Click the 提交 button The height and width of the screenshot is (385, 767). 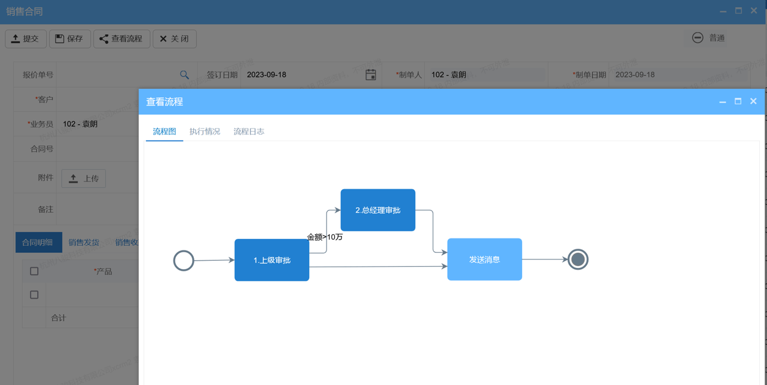point(26,39)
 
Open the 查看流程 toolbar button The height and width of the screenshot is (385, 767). point(121,39)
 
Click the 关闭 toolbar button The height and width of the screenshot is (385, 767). point(174,39)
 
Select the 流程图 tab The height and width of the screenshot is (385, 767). point(164,132)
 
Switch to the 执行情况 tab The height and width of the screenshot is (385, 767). point(205,132)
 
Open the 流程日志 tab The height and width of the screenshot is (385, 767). point(248,132)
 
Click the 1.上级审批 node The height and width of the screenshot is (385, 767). point(272,260)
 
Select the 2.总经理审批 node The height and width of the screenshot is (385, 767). point(377,210)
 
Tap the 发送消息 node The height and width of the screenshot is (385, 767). point(484,259)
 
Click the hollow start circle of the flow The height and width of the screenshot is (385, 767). point(184,261)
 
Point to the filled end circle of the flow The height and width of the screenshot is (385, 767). point(578,259)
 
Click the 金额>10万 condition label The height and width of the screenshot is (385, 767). point(325,237)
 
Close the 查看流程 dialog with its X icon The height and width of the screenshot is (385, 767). point(753,102)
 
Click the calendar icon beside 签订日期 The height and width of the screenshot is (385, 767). point(371,75)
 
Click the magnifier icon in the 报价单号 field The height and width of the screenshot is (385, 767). point(184,75)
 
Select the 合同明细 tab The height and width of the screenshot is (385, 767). point(38,243)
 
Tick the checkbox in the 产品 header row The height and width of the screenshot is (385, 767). point(34,271)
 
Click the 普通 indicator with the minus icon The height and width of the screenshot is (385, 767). point(709,38)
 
